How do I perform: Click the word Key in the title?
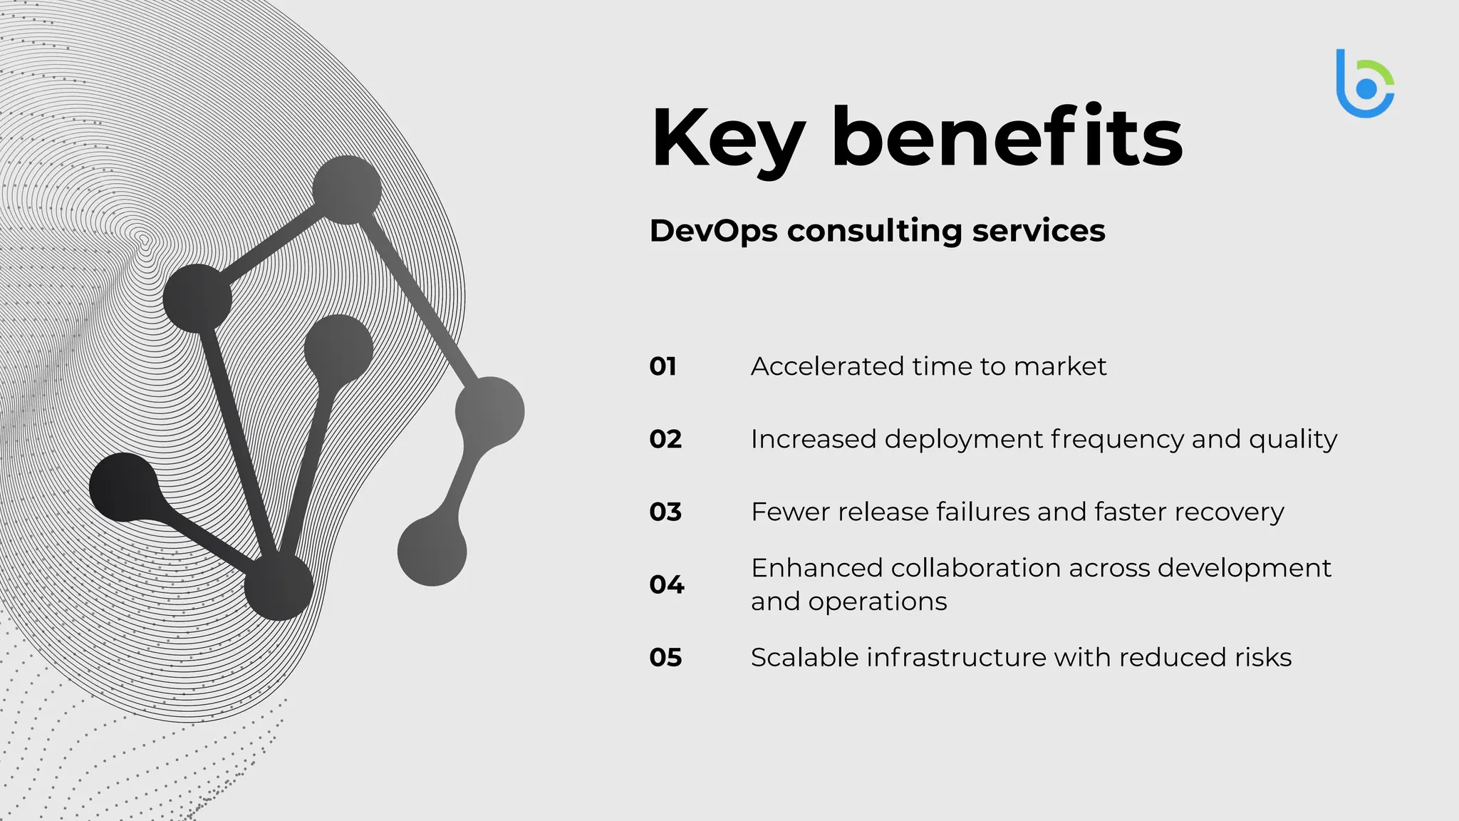click(728, 139)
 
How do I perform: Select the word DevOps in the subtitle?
click(713, 231)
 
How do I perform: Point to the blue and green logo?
click(1364, 84)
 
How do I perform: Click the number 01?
click(663, 366)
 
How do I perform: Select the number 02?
click(665, 439)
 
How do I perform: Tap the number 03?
click(665, 512)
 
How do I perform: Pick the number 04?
click(666, 584)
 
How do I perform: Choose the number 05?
click(665, 657)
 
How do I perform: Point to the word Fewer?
click(790, 512)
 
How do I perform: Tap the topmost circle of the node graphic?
click(347, 190)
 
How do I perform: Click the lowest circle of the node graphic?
click(279, 586)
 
